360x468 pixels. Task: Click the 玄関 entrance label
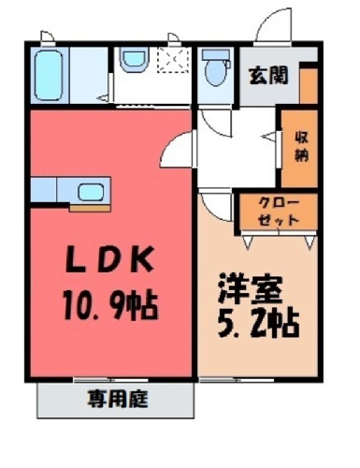(268, 76)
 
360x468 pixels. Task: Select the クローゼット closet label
(279, 212)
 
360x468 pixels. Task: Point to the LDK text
(109, 259)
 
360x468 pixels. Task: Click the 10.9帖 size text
(110, 304)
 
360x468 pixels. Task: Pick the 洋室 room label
(251, 289)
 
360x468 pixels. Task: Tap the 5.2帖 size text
(259, 325)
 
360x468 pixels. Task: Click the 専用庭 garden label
(118, 399)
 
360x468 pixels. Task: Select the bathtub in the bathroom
(49, 76)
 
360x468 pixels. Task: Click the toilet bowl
(215, 73)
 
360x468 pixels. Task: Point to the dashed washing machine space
(173, 61)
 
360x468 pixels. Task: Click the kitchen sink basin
(91, 192)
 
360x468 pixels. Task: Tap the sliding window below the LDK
(110, 380)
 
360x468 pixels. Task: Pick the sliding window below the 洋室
(237, 380)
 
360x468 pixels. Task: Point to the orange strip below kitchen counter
(90, 208)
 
